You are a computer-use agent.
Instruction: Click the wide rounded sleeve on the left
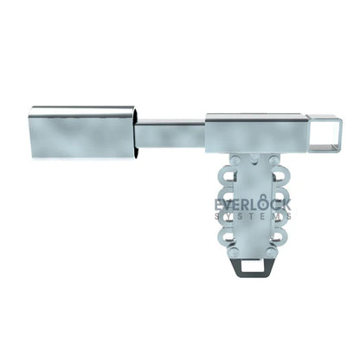coord(83,132)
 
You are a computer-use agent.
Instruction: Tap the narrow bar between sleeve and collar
coord(170,134)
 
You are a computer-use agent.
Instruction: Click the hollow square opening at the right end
coord(325,133)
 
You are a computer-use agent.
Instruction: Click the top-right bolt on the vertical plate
coord(273,160)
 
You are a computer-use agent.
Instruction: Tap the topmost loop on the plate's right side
coord(281,172)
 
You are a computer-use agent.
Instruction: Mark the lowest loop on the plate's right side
coord(281,235)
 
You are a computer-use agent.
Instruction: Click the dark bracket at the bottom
coord(252,267)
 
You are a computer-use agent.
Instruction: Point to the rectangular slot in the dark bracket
coord(252,268)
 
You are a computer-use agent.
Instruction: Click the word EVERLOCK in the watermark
coord(253,204)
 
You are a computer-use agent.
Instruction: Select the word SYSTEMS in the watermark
coord(253,216)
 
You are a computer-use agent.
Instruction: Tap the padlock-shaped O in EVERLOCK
coord(264,203)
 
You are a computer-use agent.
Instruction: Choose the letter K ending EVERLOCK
coord(286,204)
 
